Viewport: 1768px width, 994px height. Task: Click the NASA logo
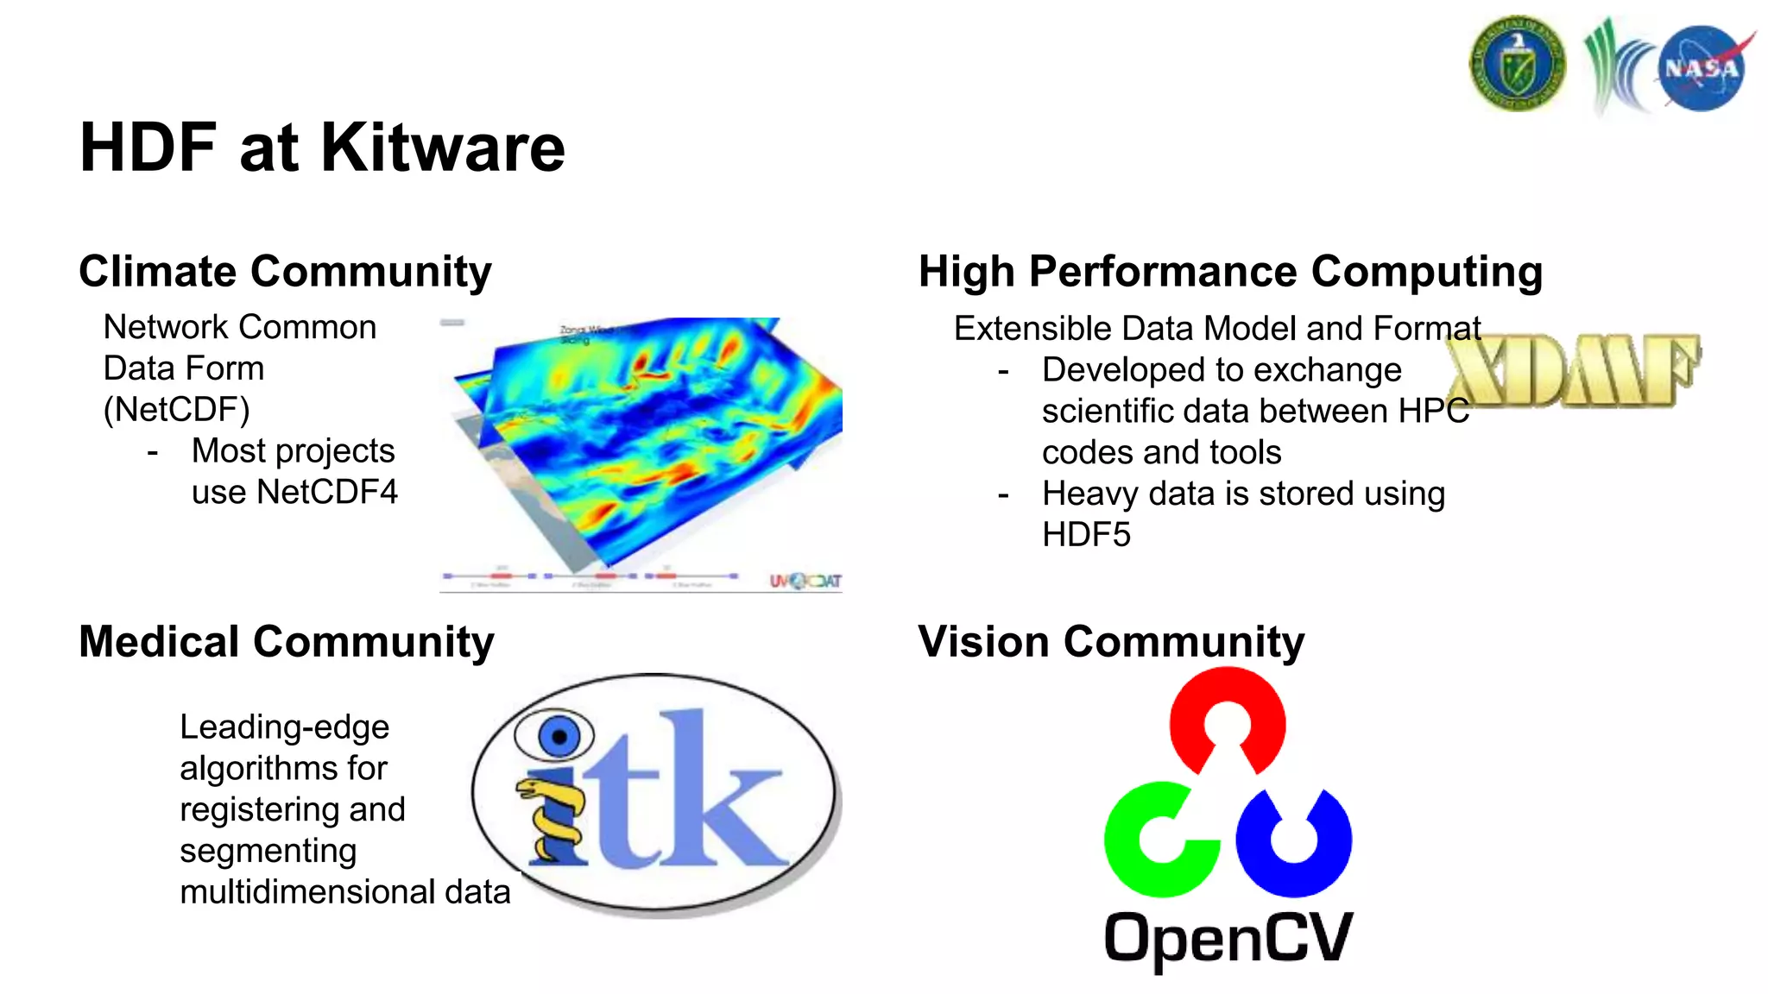(1701, 68)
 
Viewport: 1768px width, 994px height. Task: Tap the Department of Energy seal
(1517, 64)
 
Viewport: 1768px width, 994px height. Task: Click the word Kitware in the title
(443, 148)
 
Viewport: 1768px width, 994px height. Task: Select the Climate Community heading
(285, 272)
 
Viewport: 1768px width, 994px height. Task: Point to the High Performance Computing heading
(1230, 272)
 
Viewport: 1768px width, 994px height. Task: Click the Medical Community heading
(286, 642)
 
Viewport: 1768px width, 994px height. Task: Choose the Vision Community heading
(1111, 642)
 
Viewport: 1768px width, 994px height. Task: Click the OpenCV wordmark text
(1228, 939)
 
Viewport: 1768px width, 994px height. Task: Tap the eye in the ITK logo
(557, 736)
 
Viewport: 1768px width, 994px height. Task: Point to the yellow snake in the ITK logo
(549, 820)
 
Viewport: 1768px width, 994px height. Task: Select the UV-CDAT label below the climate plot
(805, 581)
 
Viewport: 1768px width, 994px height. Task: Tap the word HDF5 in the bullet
(1085, 535)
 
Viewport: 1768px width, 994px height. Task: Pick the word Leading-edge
(284, 727)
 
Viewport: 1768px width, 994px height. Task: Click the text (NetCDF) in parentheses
(176, 410)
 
